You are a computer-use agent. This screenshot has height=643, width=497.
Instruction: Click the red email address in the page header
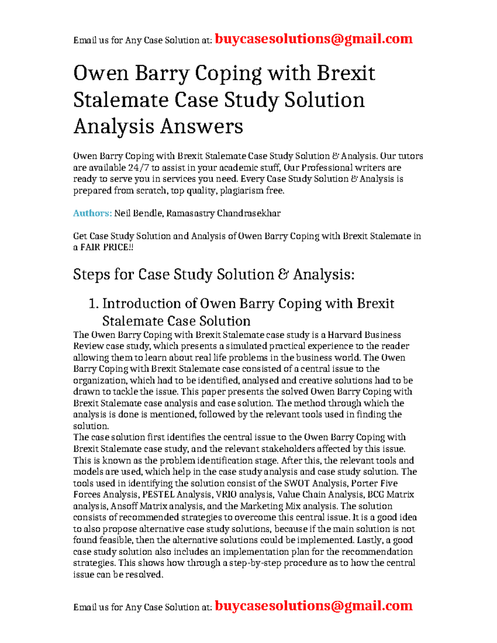(314, 39)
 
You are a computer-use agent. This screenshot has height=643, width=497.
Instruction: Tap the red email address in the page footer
(314, 606)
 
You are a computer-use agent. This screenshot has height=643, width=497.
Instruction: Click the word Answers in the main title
(201, 126)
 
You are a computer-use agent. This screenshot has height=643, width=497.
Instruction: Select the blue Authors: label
(92, 213)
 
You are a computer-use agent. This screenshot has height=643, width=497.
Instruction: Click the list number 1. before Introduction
(94, 303)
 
